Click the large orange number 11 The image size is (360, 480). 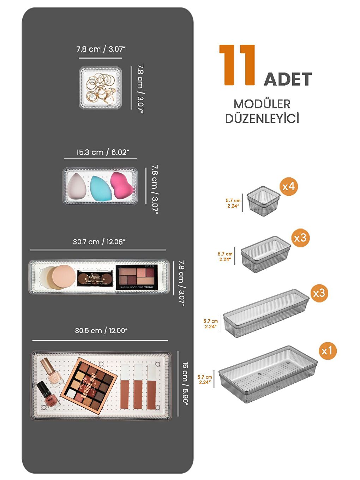(x=237, y=65)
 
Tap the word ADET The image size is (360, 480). (x=288, y=79)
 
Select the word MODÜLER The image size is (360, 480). (x=262, y=104)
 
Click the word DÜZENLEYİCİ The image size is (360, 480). (x=262, y=119)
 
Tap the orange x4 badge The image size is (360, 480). (x=288, y=186)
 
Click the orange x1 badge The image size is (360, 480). (x=327, y=350)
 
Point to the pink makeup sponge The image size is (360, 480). (x=122, y=185)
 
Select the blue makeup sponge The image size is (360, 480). (x=101, y=188)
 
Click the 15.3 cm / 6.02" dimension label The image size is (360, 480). (x=102, y=152)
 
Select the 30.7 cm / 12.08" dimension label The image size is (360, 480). (x=99, y=242)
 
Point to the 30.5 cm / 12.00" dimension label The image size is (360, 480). (x=101, y=331)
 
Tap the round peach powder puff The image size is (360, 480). (x=64, y=276)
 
